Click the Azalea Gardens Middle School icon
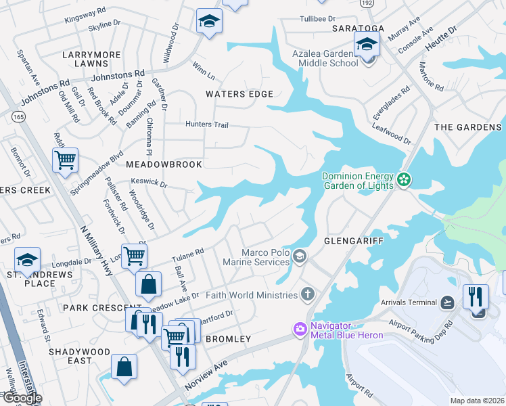(367, 45)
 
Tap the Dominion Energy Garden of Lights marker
(404, 179)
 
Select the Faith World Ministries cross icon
(307, 294)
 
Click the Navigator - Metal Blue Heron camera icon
(299, 329)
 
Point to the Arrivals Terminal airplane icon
(447, 302)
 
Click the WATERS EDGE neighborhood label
(239, 94)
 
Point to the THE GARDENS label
(468, 127)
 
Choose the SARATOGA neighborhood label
(358, 28)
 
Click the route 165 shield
(18, 117)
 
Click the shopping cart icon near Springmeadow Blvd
(65, 160)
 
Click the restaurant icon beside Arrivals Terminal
(476, 296)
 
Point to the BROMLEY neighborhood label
(228, 338)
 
